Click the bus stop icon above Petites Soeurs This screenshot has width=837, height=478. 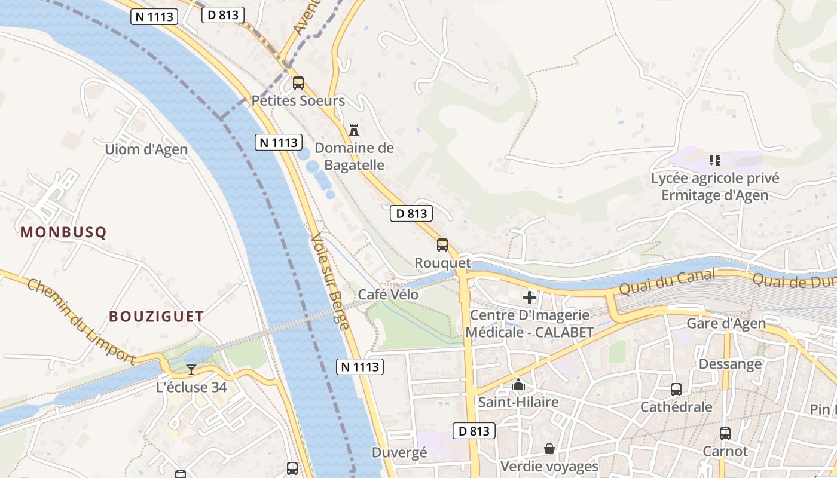(298, 83)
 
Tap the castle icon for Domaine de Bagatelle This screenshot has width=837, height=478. (354, 130)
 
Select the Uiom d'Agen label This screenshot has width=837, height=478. (146, 149)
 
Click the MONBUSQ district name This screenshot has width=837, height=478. (63, 232)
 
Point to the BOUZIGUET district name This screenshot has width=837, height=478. (157, 317)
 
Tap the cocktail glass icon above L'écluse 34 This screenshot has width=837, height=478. (191, 370)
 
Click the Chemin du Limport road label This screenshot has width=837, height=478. (81, 321)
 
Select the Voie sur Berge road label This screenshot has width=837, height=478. (329, 281)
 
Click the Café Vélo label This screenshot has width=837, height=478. (388, 295)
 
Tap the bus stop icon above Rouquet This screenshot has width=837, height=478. (442, 245)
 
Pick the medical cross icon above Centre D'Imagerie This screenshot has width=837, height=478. (530, 297)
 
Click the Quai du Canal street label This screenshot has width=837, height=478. (667, 282)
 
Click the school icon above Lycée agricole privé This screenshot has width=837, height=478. (715, 160)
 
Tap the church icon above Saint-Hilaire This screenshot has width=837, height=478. (518, 384)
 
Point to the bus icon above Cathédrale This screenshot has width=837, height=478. (676, 390)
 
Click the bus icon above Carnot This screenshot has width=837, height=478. (725, 434)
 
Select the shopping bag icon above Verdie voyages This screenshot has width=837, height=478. (549, 449)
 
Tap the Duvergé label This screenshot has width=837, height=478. (399, 452)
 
